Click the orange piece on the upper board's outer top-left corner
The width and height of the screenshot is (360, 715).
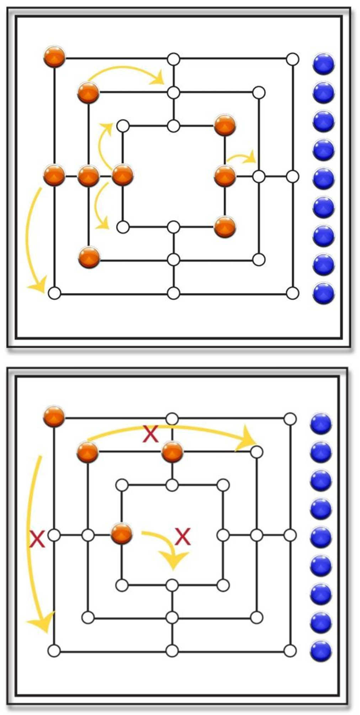54,56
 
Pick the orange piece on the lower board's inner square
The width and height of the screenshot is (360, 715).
122,534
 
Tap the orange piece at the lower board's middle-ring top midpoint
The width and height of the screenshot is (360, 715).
172,452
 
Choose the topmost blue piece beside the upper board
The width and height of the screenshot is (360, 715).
323,64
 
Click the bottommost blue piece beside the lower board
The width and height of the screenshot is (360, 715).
321,650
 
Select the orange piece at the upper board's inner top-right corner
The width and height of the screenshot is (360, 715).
225,125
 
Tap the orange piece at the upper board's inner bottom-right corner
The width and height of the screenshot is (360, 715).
225,227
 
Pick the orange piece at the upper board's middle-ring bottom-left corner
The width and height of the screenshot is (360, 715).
89,257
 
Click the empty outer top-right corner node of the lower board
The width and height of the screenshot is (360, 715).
290,419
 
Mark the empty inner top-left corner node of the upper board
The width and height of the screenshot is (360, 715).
123,126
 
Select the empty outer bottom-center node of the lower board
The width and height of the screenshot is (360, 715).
172,651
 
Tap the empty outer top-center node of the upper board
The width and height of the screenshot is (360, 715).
174,59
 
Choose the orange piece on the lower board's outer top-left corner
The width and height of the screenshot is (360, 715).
54,416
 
